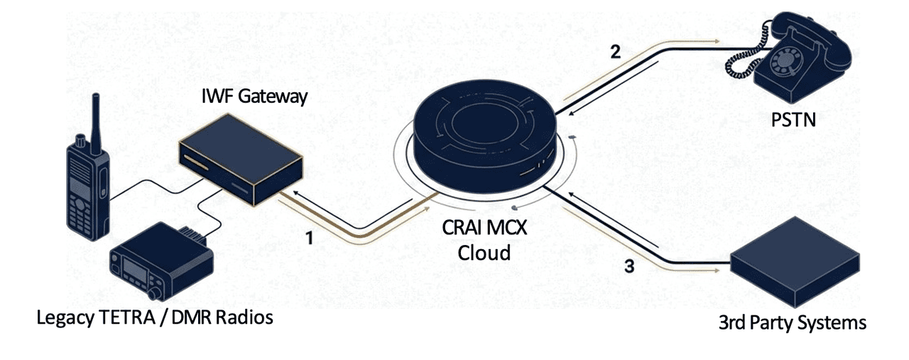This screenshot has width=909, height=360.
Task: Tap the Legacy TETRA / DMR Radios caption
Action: click(x=155, y=317)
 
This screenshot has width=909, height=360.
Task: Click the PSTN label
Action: click(x=793, y=121)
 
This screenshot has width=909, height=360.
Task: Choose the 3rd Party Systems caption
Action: click(x=793, y=323)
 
